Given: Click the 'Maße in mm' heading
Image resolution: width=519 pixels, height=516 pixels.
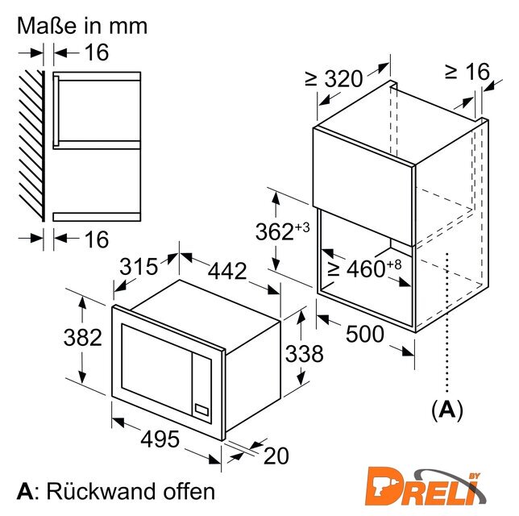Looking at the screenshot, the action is (82, 26).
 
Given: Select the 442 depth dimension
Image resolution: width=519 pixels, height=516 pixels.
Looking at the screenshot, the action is (227, 271).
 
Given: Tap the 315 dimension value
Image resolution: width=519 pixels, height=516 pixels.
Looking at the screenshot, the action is (139, 267).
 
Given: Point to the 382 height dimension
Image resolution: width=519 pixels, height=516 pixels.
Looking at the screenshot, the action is (83, 338).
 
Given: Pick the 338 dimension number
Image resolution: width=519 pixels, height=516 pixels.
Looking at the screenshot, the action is (304, 354).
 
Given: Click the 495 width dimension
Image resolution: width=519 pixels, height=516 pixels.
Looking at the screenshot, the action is (160, 439).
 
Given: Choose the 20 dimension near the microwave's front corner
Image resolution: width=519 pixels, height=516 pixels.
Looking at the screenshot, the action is (276, 456).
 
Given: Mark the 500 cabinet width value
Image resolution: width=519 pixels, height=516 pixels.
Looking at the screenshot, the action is (365, 334).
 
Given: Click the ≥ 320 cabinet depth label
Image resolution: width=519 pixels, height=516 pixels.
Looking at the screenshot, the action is (334, 79).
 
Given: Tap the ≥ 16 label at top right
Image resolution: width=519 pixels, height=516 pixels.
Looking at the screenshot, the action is (467, 71).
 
